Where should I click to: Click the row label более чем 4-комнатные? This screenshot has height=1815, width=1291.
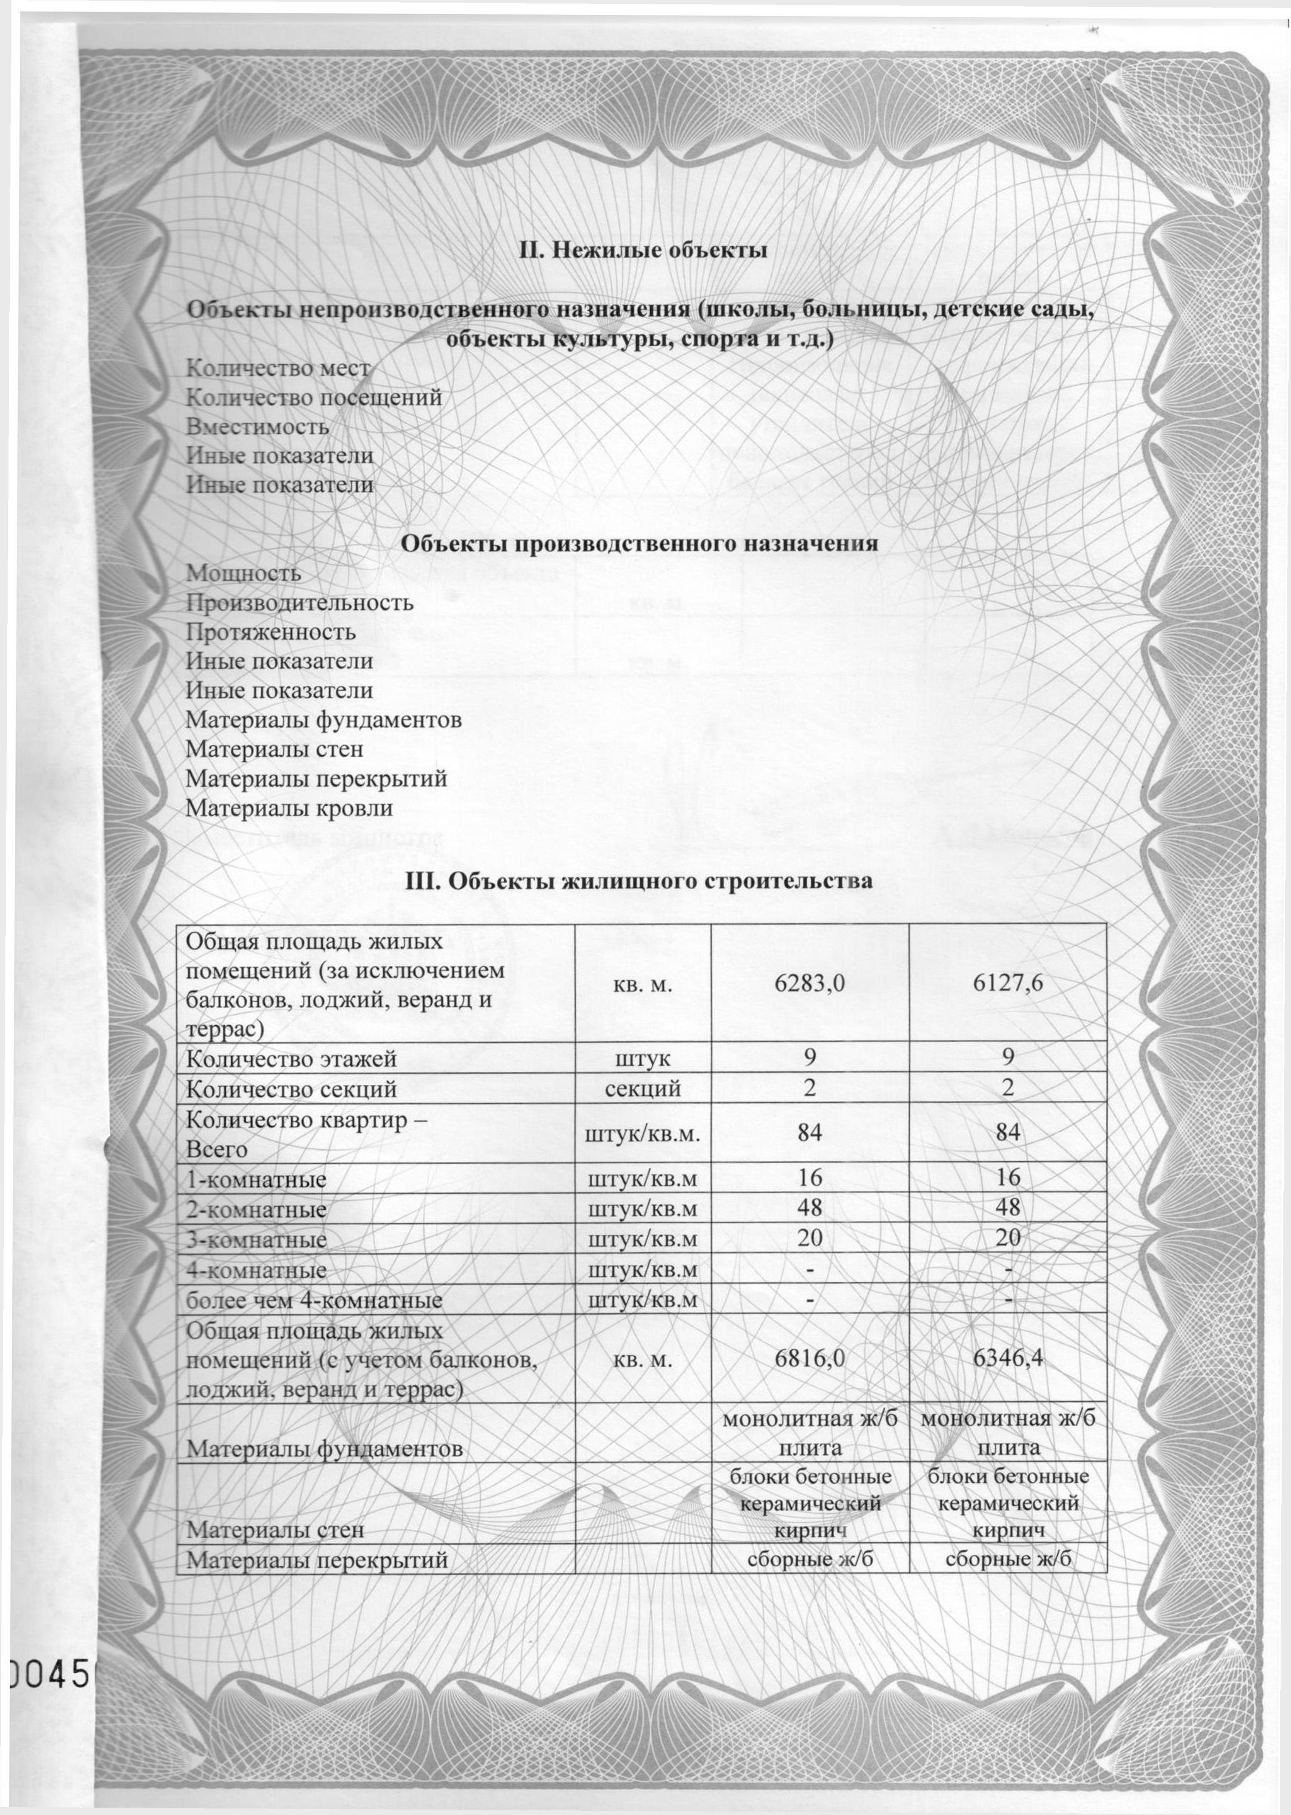pos(314,1301)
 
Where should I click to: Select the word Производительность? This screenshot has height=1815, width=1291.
pos(300,602)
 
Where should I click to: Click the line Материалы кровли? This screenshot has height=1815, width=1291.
pos(289,809)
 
